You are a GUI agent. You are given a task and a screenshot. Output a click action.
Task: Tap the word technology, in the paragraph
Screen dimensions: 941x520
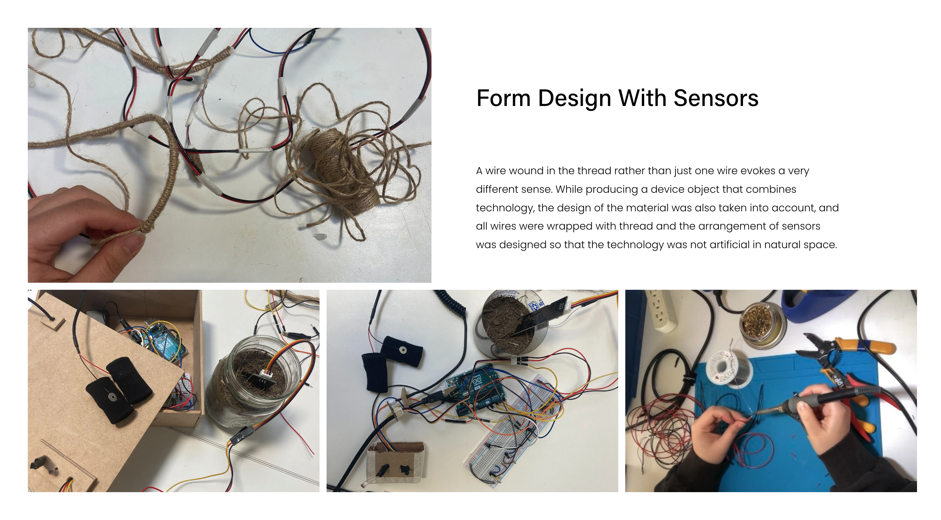[x=505, y=208]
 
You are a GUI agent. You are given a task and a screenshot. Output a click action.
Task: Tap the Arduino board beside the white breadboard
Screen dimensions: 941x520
[x=475, y=391]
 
